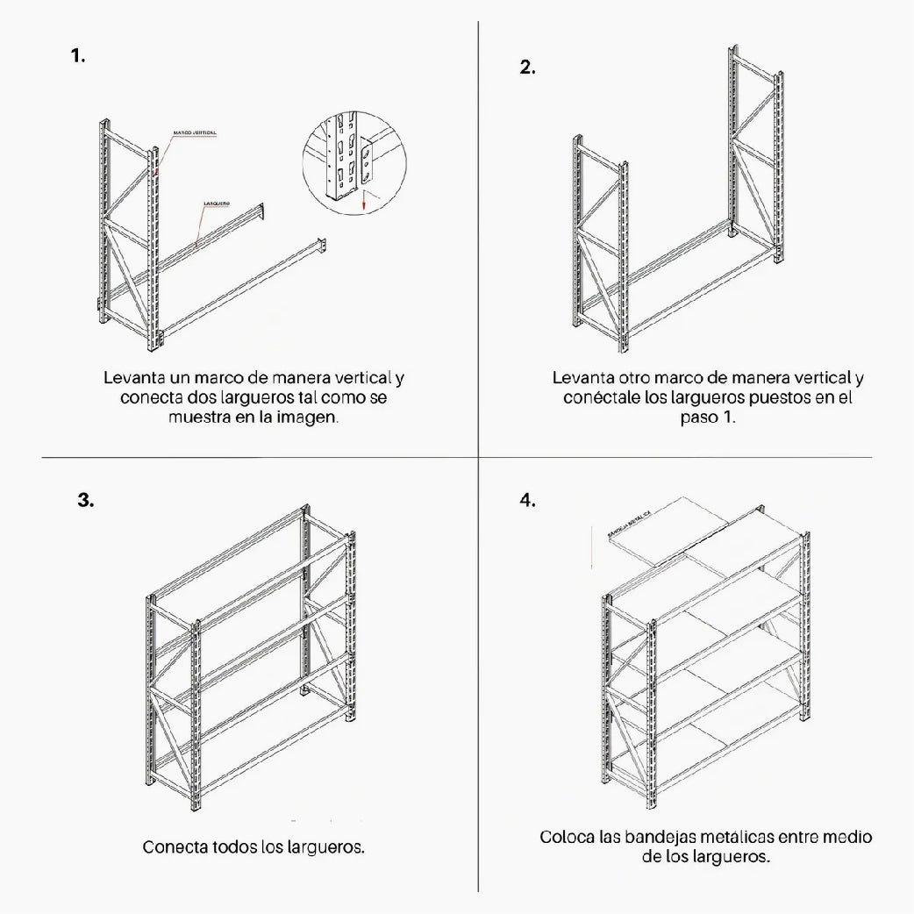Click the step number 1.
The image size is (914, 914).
pos(78,56)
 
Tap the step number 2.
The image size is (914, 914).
pos(527,68)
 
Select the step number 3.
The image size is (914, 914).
pos(85,501)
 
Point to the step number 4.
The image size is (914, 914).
pos(526,501)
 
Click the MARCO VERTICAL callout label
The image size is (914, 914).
pos(195,132)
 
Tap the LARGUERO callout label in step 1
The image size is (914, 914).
pos(217,204)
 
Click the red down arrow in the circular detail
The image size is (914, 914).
pos(362,204)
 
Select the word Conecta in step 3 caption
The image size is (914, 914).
pos(175,848)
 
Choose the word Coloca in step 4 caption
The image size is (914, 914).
pos(568,837)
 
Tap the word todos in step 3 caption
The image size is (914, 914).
pos(234,848)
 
